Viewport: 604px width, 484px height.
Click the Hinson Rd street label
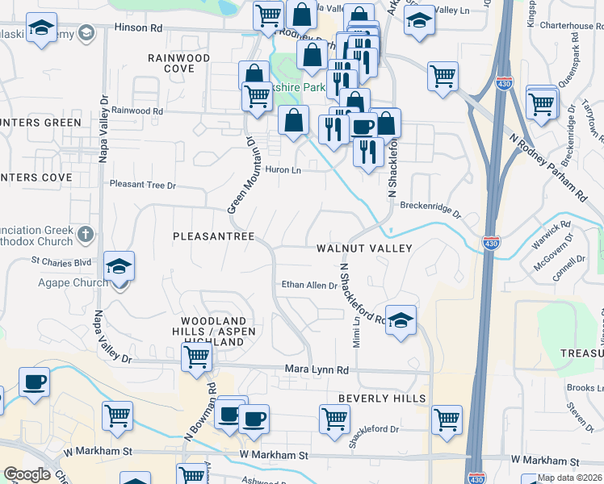point(139,27)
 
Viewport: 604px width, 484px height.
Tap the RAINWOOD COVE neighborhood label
point(178,63)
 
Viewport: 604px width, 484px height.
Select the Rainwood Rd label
point(137,111)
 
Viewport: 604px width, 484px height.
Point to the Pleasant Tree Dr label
point(142,185)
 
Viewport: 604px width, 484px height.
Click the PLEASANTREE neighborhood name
point(214,236)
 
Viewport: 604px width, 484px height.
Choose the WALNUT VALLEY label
point(364,248)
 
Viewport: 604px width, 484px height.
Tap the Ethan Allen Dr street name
point(309,285)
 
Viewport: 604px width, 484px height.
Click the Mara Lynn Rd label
point(317,369)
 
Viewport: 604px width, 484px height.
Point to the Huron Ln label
point(284,170)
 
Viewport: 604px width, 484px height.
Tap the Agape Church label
point(73,282)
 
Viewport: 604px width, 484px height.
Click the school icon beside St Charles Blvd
point(119,265)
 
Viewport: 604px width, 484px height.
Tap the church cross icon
point(86,235)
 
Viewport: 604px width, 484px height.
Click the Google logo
point(27,474)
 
